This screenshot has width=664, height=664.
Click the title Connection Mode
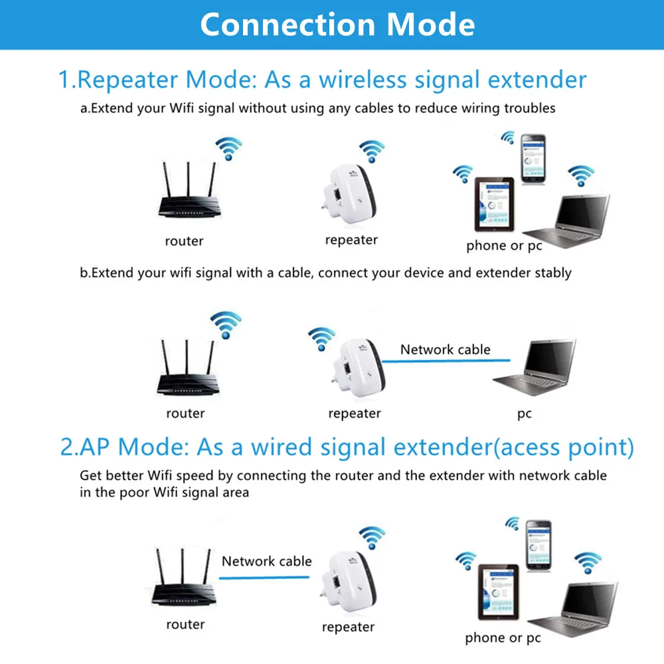pos(337,24)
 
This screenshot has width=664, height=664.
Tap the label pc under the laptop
pos(525,414)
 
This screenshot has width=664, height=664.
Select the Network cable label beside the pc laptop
pos(445,349)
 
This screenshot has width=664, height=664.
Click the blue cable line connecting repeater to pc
pos(445,361)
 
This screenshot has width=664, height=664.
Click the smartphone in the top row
pos(533,159)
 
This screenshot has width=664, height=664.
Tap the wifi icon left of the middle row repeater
pos(322,338)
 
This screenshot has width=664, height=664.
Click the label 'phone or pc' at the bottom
pos(503,638)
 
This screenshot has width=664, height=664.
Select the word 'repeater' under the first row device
pos(351,240)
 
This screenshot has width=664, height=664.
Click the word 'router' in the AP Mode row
pos(185,624)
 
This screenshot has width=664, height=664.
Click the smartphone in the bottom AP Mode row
pos(539,543)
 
